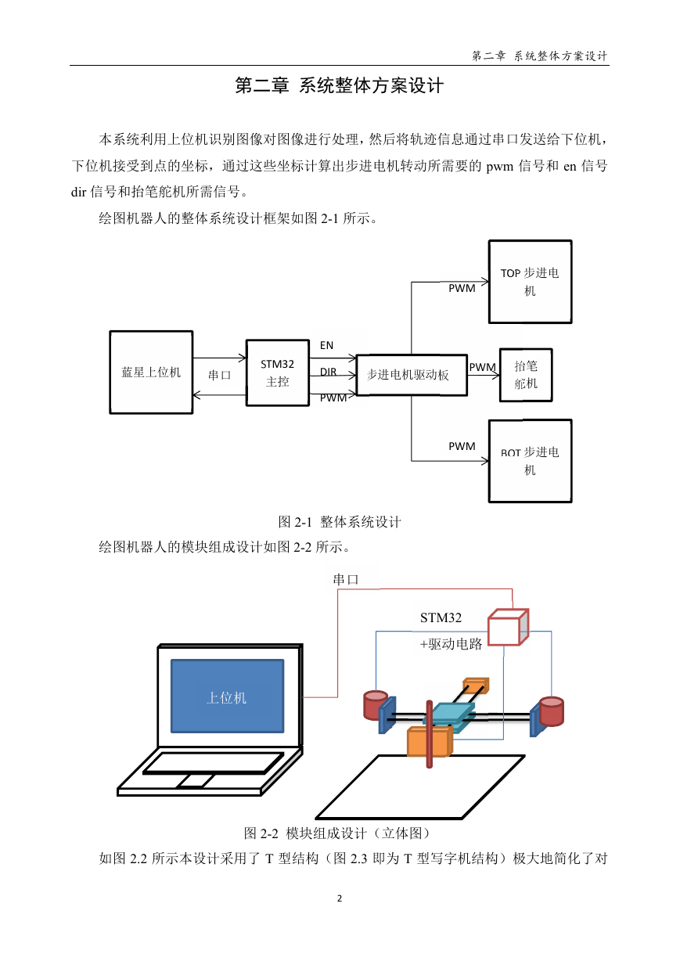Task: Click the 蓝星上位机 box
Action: (151, 372)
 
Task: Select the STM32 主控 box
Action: (278, 373)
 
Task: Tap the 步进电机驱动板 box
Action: (412, 375)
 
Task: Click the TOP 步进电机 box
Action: (530, 282)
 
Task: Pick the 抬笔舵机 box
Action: (526, 375)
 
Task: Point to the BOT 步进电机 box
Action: (530, 461)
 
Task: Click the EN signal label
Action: (326, 345)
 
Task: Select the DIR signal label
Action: (328, 372)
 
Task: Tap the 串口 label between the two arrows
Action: (219, 376)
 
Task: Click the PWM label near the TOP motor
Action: (462, 288)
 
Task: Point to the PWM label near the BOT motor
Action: (462, 446)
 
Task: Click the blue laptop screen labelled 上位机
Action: (228, 696)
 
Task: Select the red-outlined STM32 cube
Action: (508, 627)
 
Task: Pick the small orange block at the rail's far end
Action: (476, 685)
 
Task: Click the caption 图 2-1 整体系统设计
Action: (340, 522)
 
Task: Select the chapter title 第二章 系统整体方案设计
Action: (339, 85)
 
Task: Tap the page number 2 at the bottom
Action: (340, 898)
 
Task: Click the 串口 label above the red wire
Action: (345, 580)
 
